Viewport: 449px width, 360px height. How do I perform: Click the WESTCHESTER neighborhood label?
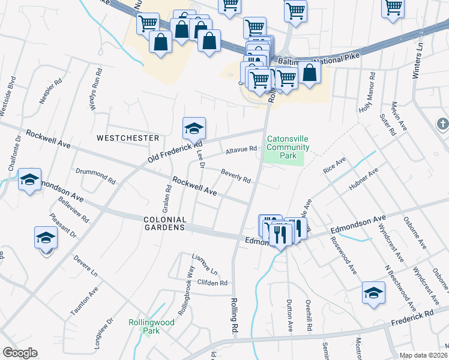(x=128, y=138)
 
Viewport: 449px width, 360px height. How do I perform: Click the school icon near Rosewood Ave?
(x=373, y=293)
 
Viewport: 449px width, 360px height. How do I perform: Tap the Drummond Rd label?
(x=95, y=175)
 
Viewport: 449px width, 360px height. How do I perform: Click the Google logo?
(x=20, y=353)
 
